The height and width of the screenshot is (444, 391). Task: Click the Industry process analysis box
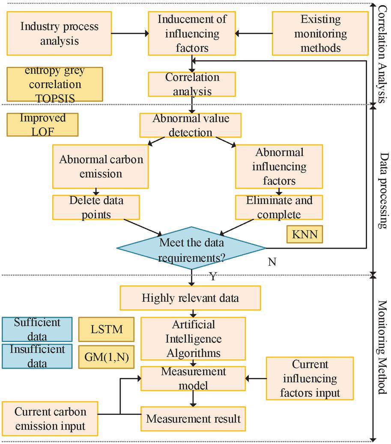59,33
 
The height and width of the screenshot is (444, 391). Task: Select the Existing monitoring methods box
320,33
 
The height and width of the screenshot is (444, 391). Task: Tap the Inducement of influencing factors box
192,33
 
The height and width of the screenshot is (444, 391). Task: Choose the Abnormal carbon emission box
101,166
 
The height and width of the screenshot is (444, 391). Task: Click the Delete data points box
96,207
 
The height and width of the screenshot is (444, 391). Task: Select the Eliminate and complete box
279,207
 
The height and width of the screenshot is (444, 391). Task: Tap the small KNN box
304,234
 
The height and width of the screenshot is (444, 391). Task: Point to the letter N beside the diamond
272,262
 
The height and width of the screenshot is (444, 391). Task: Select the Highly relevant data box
190,298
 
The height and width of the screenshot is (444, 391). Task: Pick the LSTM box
107,329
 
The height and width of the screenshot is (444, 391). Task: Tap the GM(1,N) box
107,357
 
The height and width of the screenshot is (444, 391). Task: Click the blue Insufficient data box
37,356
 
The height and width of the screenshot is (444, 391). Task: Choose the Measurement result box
193,418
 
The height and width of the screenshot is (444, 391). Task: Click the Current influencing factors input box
310,378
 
